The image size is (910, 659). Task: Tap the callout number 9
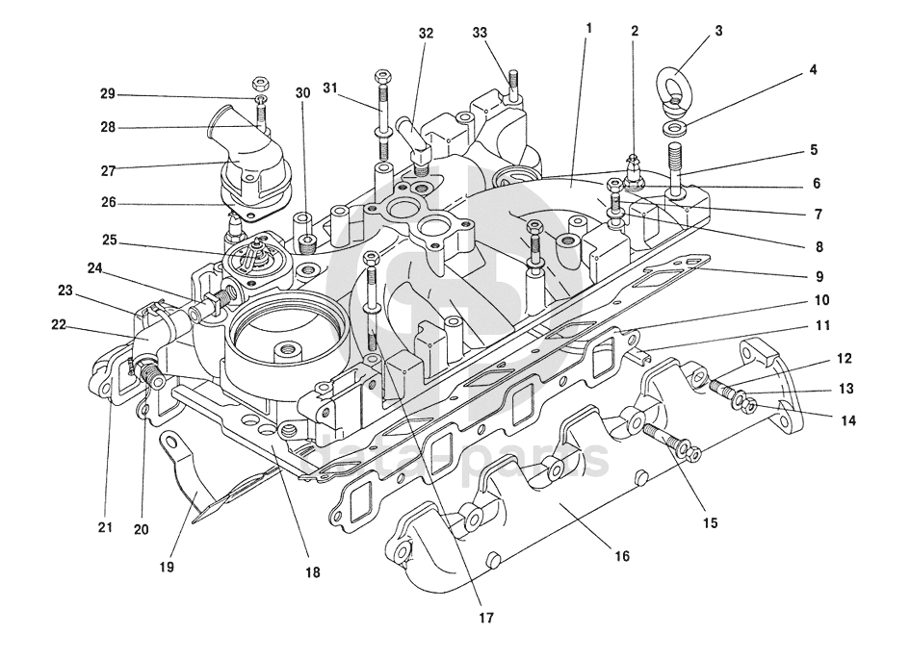click(816, 277)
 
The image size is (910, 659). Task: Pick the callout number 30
click(302, 93)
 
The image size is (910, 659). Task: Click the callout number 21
click(105, 527)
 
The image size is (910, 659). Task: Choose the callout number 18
click(313, 572)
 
